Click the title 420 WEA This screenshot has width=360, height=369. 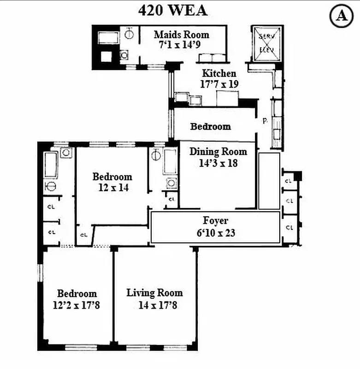point(173,10)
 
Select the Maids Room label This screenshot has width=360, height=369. point(181,35)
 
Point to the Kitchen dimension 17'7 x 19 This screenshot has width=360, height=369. point(219,84)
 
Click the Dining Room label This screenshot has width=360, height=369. point(218,151)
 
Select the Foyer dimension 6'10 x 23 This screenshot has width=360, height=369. point(216,233)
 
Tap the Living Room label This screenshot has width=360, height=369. point(154,293)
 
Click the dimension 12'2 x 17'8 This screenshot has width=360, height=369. point(77,305)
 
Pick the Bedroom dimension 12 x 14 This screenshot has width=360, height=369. point(112,188)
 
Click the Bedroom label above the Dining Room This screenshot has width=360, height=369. point(210,126)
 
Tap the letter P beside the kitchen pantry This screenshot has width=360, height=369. point(265,121)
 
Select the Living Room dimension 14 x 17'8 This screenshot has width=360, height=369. point(157,305)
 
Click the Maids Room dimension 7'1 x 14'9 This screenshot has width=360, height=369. point(181,45)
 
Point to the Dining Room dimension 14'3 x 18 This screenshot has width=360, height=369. point(218,162)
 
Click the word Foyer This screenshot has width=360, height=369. point(216,221)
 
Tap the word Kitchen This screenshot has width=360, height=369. point(219,73)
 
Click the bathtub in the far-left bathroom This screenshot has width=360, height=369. point(50,165)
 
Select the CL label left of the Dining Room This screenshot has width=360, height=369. point(171,199)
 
